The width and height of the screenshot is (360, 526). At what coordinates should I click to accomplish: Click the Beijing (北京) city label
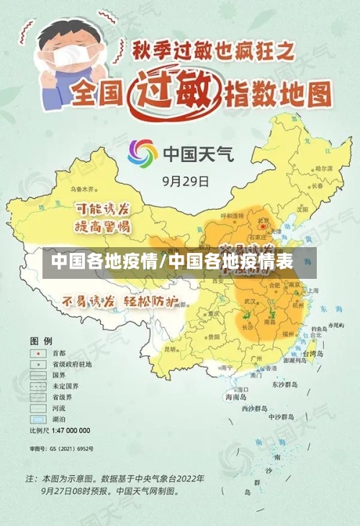click(x=265, y=221)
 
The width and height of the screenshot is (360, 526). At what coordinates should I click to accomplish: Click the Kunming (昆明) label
click(x=171, y=349)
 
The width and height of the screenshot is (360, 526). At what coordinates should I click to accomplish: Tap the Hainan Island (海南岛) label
click(x=235, y=396)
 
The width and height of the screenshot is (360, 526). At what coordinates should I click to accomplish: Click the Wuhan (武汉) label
click(x=251, y=300)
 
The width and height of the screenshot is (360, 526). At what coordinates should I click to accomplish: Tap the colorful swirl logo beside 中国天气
click(x=143, y=154)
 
